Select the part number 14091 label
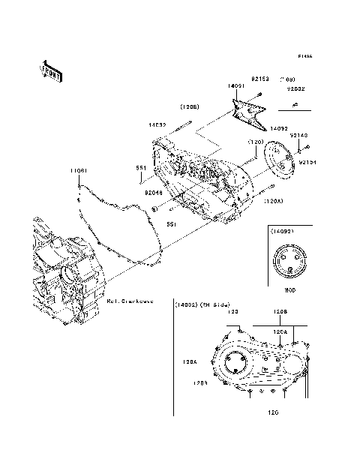coord(237,86)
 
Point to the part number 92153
coord(261,79)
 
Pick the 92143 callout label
coord(298,135)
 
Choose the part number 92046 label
coord(154,191)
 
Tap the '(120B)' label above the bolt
coord(188,106)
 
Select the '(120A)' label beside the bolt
coord(273,202)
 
